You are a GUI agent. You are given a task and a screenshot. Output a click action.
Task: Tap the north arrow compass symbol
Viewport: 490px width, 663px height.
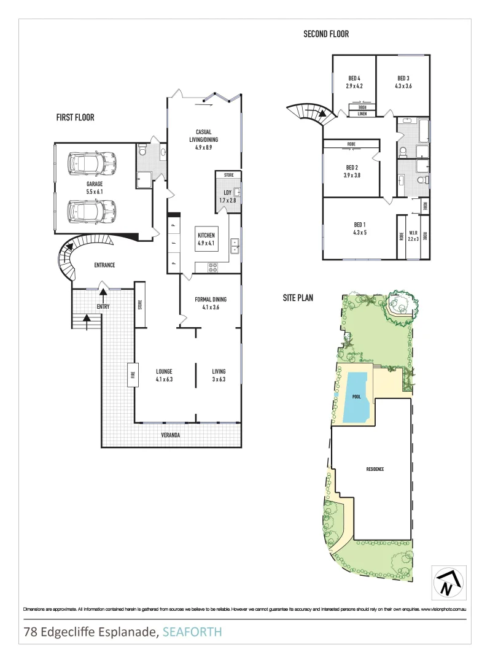point(447,583)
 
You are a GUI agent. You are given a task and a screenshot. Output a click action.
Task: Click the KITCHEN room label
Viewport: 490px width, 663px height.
point(205,235)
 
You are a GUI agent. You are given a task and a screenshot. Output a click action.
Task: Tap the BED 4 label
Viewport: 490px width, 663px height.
point(354,78)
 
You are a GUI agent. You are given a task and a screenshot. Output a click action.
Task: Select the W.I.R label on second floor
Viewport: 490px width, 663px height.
point(413,233)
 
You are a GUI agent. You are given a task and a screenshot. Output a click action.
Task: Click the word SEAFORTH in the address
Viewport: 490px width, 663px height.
point(192,632)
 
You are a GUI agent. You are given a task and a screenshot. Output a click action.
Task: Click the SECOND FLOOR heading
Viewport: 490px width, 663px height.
point(326,34)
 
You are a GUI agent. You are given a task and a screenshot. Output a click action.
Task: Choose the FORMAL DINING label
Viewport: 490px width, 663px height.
point(211,300)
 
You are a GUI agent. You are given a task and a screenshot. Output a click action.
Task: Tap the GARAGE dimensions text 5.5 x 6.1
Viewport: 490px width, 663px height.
point(94,192)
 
